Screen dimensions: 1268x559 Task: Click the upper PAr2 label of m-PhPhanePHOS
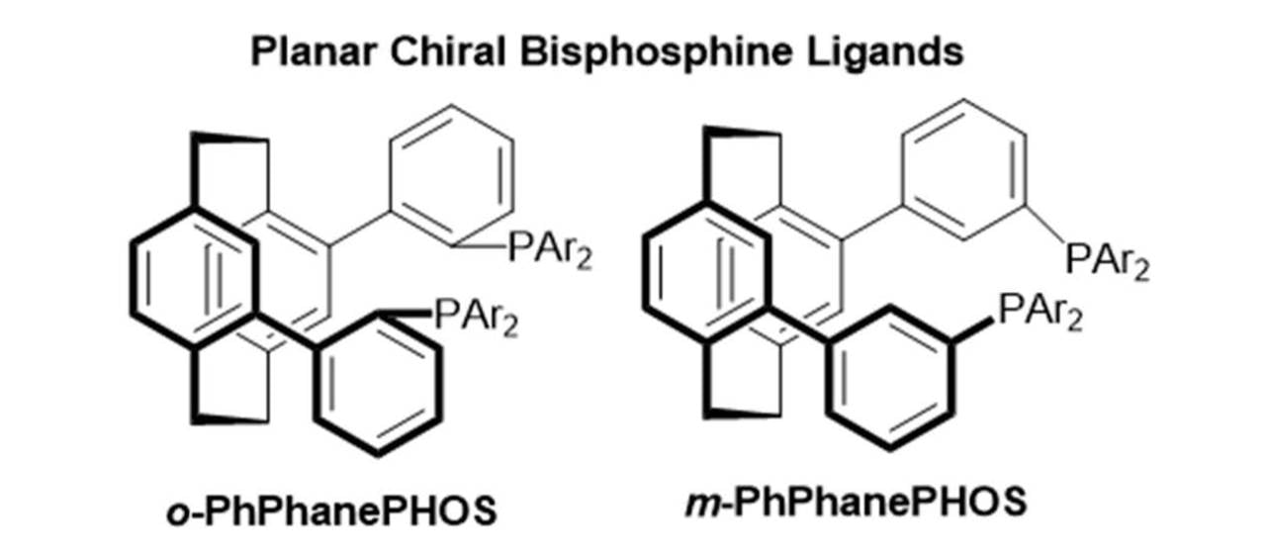tap(1107, 263)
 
